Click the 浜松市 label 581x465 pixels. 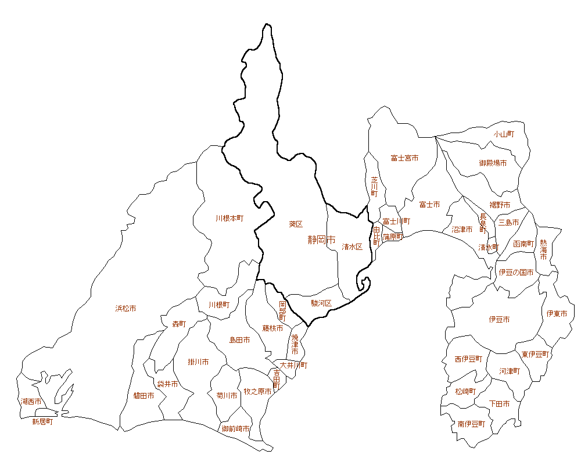(125, 309)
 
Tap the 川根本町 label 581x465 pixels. (229, 219)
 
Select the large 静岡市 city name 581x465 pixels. (322, 239)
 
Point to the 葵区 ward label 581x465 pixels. (296, 224)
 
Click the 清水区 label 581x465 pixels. (352, 246)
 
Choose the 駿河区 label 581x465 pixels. (321, 303)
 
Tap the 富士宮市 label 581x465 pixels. (404, 158)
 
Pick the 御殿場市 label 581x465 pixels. (493, 163)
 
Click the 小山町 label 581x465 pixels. (504, 134)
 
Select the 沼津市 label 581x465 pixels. (462, 230)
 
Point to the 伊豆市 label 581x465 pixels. (499, 320)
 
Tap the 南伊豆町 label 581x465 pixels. (471, 424)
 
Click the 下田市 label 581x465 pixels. (499, 403)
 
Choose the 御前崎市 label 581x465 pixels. (235, 429)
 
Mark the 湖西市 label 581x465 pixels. (31, 402)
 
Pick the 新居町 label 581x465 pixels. (42, 422)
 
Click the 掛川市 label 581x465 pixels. (198, 362)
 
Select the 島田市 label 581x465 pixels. (239, 339)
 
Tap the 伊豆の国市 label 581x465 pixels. (516, 272)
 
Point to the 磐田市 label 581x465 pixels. (144, 396)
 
